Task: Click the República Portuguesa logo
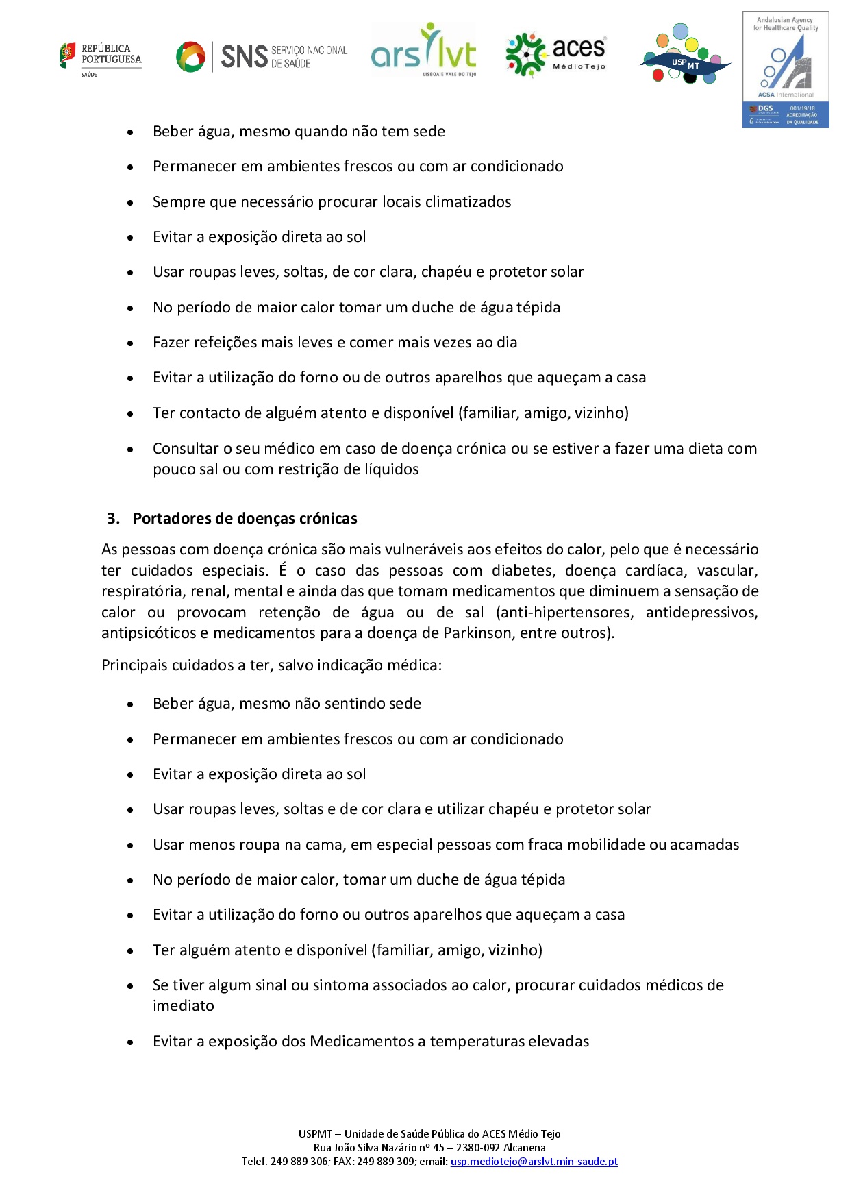(100, 58)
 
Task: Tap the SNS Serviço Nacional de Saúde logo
(261, 56)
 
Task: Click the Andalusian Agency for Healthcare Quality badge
(786, 69)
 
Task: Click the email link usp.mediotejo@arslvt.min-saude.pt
(534, 1162)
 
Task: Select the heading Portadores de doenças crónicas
(245, 519)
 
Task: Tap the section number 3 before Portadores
(112, 519)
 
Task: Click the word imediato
(184, 1006)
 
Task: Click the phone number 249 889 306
(299, 1162)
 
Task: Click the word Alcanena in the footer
(525, 1148)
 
